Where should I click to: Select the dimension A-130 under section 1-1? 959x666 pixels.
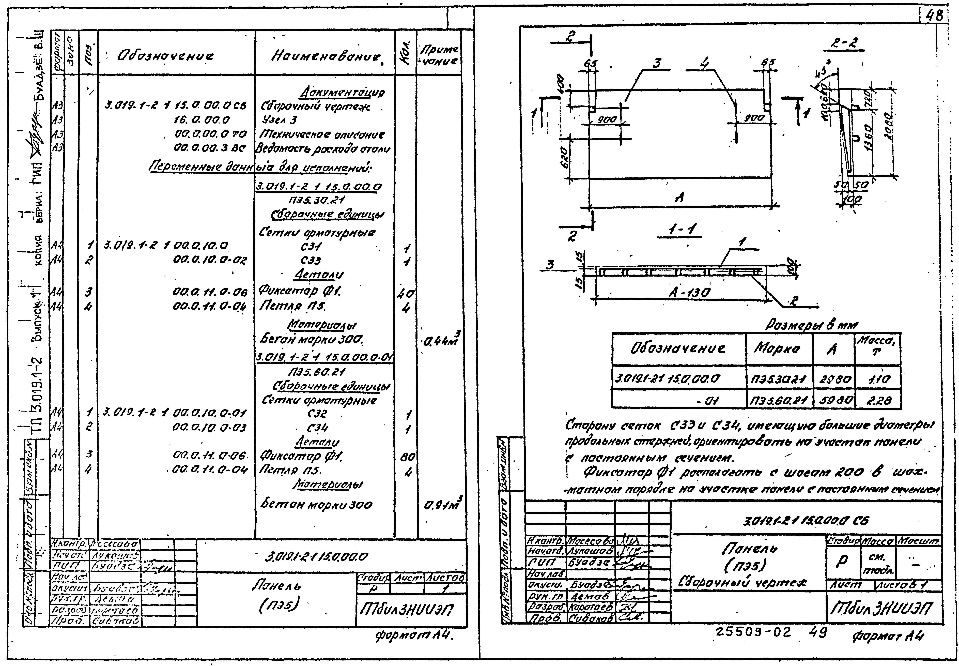coord(689,293)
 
